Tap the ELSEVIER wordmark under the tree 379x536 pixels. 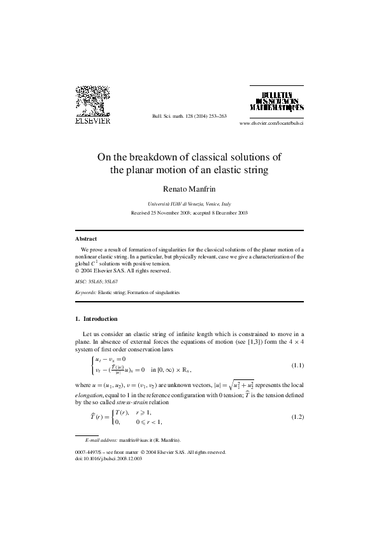pyautogui.click(x=92, y=119)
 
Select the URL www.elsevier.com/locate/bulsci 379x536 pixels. pyautogui.click(x=271, y=122)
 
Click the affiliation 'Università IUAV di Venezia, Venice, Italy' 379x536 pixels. pyautogui.click(x=189, y=204)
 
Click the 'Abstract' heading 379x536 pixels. pyautogui.click(x=86, y=238)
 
